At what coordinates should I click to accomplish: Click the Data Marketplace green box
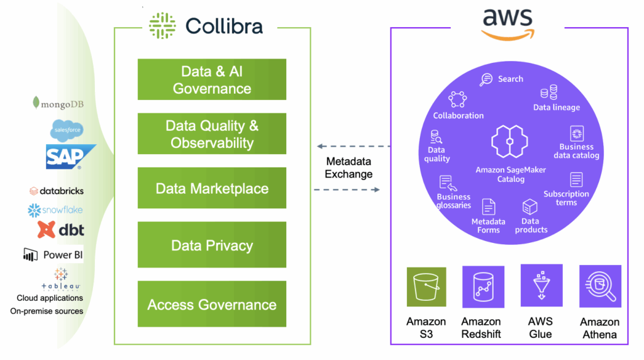point(212,188)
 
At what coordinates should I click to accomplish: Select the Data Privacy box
point(212,245)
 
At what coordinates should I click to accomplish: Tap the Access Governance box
point(212,304)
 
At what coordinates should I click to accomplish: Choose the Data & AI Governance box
point(212,79)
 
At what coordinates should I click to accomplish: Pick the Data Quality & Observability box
point(212,133)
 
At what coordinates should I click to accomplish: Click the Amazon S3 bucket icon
point(426,287)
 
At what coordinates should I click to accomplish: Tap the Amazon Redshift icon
point(483,287)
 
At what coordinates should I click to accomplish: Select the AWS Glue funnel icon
point(541,285)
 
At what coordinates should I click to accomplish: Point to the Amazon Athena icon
point(600,286)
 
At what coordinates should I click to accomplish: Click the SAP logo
point(70,157)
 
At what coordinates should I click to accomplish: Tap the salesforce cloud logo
point(67,130)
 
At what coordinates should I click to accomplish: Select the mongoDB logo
point(58,103)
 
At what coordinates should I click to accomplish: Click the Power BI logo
point(53,255)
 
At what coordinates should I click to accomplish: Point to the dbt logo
point(61,230)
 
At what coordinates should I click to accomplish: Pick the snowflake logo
point(55,210)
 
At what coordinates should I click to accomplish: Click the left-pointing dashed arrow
point(353,146)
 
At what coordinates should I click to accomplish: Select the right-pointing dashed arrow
point(347,189)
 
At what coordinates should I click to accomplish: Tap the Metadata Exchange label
point(348,167)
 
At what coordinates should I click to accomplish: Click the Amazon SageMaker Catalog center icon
point(509,142)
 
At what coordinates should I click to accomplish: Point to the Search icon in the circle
point(486,79)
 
